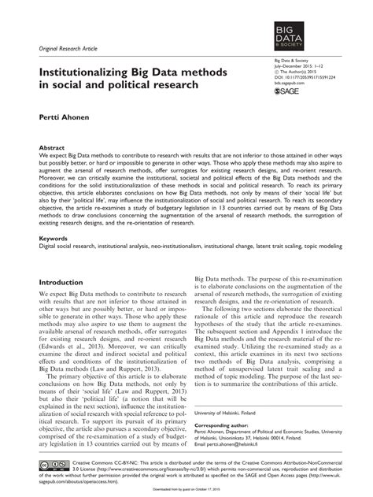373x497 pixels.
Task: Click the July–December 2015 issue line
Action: (x=298, y=64)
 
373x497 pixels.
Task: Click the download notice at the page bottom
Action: (x=186, y=492)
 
